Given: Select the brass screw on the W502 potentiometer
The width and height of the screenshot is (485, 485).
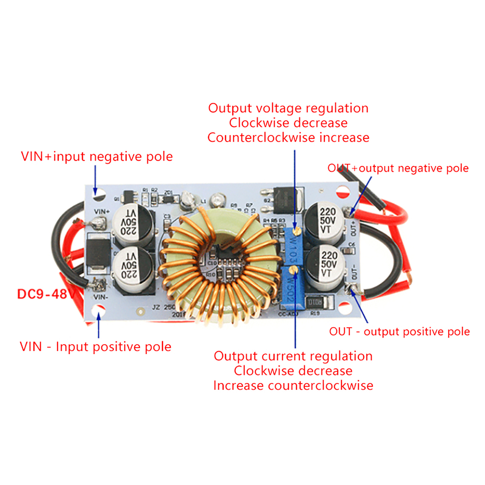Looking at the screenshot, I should [x=293, y=269].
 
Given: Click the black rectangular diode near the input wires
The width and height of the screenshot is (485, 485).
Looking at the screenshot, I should [x=98, y=252].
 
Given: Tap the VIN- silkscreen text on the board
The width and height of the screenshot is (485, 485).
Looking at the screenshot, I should [x=100, y=297].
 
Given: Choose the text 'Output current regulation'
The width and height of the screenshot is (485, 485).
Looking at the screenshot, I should [x=293, y=356].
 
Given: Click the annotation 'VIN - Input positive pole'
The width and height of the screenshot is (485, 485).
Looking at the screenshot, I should [x=95, y=347].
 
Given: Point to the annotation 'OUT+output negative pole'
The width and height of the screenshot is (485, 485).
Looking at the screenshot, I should [x=398, y=168].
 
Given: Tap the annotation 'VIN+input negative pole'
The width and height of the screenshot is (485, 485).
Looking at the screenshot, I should [x=97, y=157].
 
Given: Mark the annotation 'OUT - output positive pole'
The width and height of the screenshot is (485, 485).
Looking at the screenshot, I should [x=399, y=332].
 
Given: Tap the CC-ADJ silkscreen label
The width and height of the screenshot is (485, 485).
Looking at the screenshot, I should [x=288, y=314].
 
